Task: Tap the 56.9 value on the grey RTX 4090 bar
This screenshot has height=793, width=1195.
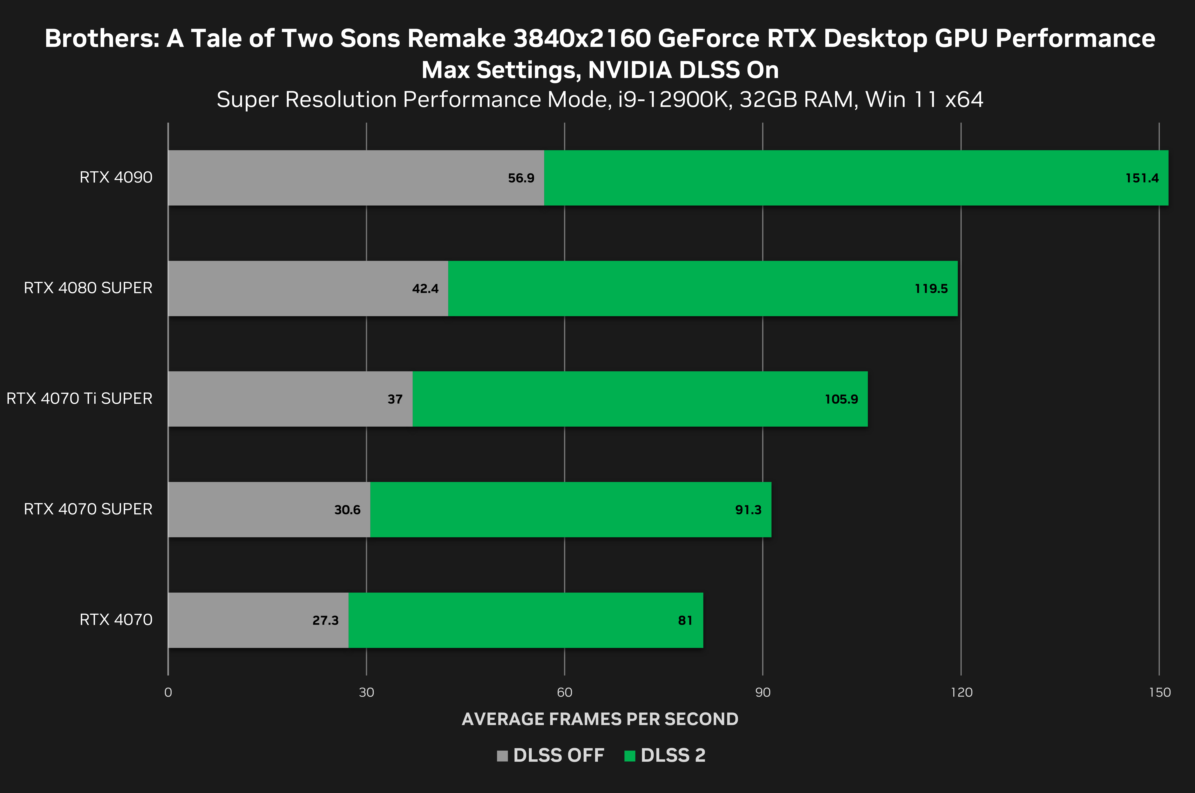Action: (x=521, y=178)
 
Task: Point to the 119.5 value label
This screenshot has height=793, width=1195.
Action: (x=931, y=289)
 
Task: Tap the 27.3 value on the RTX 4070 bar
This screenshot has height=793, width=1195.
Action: (x=325, y=621)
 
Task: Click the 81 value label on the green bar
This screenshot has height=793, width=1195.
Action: (x=685, y=621)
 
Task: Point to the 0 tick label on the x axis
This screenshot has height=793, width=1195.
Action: (x=168, y=692)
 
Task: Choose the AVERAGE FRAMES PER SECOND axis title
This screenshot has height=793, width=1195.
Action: (x=600, y=719)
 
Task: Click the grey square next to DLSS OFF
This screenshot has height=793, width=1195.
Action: (x=502, y=756)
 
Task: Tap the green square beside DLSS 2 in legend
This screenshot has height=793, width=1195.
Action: (x=630, y=756)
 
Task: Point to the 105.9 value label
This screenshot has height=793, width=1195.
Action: (x=841, y=400)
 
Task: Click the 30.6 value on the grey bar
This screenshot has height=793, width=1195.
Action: (x=347, y=510)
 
